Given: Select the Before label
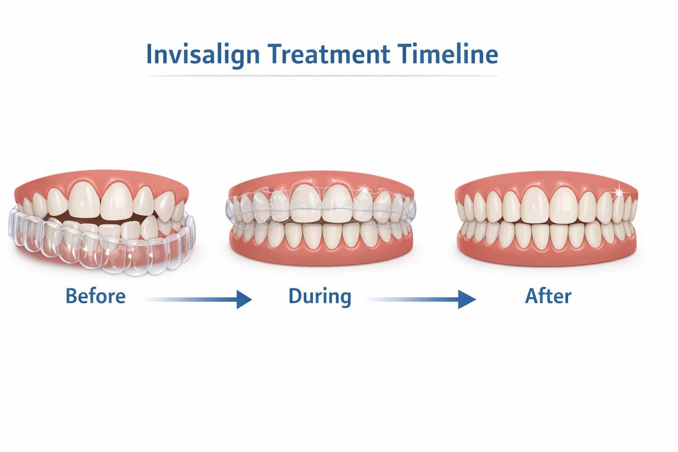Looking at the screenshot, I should (95, 296).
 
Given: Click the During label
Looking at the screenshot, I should (320, 296).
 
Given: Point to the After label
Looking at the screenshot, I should (548, 296).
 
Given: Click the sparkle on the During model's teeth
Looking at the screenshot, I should (364, 189).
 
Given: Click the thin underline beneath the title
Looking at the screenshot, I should (322, 76).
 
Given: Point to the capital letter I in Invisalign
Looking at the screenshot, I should (149, 54).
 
